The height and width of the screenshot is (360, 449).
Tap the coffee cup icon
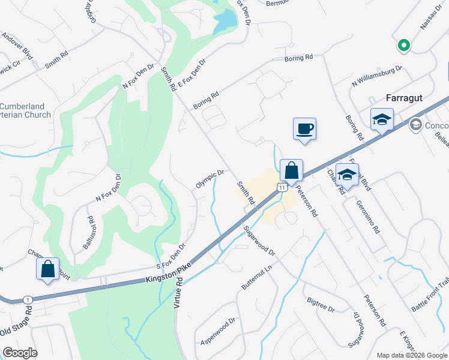(304, 128)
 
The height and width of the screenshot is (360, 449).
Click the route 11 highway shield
(281, 188)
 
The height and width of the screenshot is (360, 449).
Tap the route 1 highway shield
(27, 299)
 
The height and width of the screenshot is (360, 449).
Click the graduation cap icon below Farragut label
(382, 119)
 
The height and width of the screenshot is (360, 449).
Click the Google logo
(20, 353)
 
